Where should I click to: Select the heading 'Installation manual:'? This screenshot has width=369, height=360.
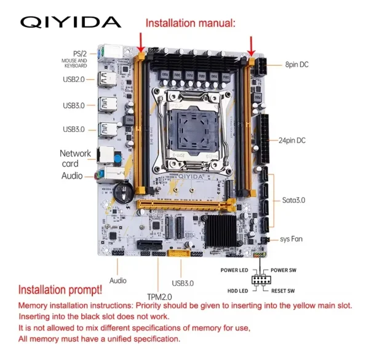[190, 23]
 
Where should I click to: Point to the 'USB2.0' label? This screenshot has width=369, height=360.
[76, 79]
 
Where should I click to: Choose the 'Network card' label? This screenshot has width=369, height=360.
[74, 158]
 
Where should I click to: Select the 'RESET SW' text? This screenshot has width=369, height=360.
[283, 290]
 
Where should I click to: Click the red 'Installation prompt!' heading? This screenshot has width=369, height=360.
[60, 290]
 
